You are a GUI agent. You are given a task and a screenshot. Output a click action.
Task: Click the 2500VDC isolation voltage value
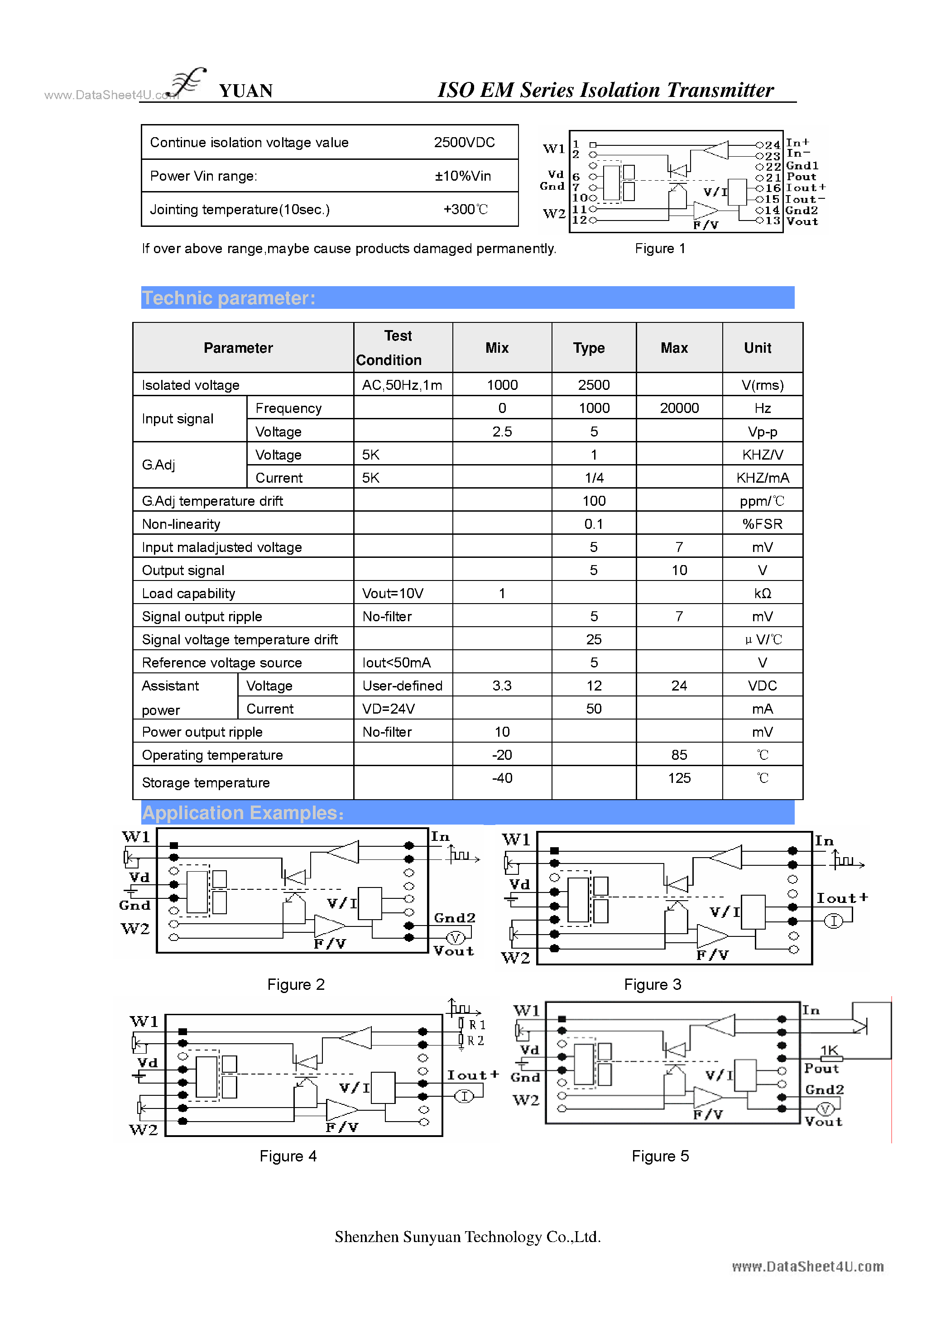tap(464, 143)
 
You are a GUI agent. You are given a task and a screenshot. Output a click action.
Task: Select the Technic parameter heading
tap(229, 298)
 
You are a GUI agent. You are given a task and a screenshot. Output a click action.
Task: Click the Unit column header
tap(757, 348)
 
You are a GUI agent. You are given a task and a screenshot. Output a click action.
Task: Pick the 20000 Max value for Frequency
tap(679, 408)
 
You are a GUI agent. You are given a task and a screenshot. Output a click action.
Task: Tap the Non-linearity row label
tap(181, 524)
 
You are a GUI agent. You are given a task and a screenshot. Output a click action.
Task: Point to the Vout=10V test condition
tap(392, 593)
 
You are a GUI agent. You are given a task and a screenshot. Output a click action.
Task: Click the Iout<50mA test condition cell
tap(396, 662)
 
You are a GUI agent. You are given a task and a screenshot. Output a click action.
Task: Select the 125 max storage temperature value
tap(679, 778)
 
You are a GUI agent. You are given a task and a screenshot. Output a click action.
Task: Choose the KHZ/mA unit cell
tap(763, 478)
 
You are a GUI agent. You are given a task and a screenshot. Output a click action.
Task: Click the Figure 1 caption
tap(660, 249)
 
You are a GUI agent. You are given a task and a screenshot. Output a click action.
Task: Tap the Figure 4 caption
tap(288, 1156)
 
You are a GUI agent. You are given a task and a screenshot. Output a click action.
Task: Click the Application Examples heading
tap(243, 813)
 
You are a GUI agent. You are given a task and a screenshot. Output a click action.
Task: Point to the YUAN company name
tap(246, 91)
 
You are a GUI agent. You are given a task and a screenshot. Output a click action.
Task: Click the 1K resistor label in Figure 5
tap(829, 1050)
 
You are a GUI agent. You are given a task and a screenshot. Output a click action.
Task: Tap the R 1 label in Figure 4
tap(477, 1025)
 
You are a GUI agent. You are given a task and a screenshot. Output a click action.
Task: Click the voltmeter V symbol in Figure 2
tap(455, 938)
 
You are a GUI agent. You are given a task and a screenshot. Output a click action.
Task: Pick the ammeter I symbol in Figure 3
tap(833, 921)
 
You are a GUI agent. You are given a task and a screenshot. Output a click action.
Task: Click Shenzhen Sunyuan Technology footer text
tap(468, 1237)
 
